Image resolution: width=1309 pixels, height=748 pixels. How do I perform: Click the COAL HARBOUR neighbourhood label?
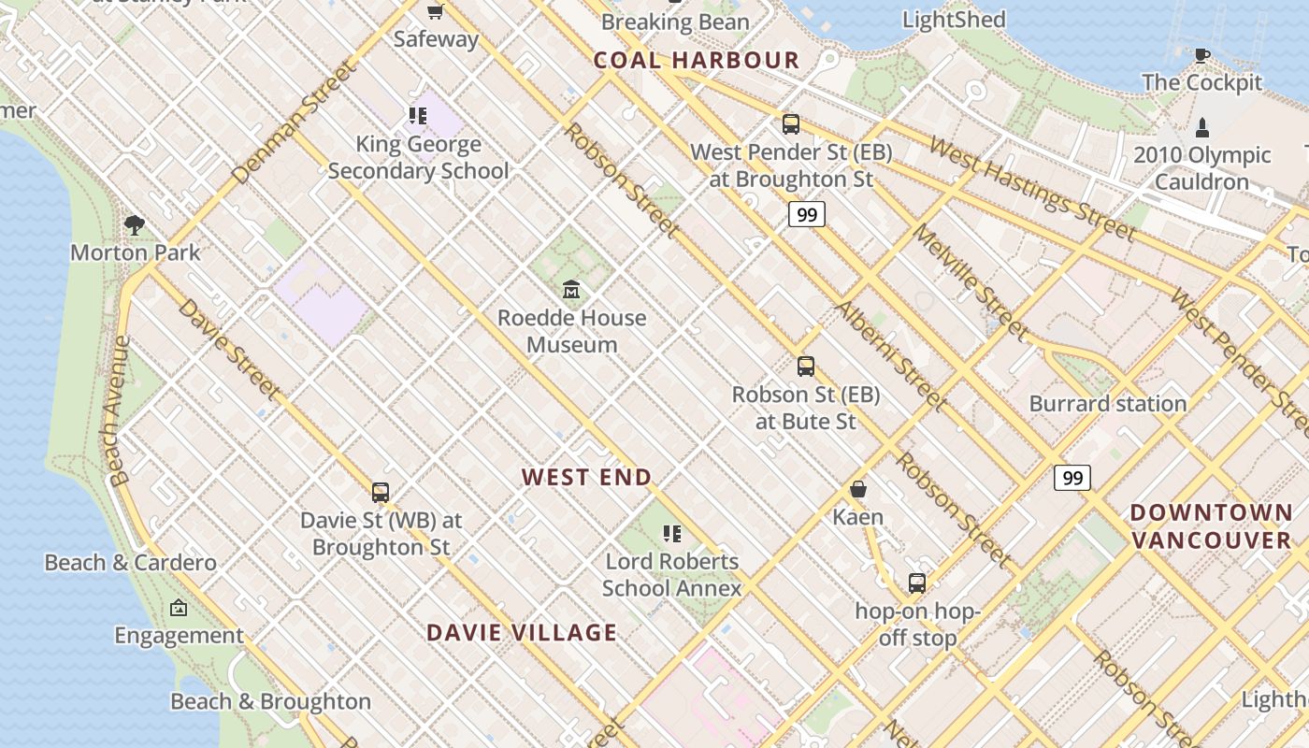pos(697,61)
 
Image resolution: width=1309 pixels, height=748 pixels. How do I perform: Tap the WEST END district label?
pos(586,478)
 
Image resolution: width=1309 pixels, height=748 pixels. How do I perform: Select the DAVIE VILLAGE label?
pos(522,633)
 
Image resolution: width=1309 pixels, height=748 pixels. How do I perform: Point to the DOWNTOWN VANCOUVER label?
pos(1211,526)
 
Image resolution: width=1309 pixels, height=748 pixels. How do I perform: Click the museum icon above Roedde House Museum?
pos(571,290)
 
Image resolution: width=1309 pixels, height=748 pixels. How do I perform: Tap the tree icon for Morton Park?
pos(135,224)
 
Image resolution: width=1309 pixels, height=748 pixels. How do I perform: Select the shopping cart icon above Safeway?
pos(435,11)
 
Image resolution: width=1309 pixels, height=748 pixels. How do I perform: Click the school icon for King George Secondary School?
pos(417,116)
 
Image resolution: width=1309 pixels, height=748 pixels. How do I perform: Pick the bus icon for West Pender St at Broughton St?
pos(791,123)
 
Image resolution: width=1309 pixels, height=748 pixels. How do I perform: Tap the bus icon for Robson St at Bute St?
pos(806,367)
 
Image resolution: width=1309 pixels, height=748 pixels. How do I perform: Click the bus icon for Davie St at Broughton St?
pos(381,492)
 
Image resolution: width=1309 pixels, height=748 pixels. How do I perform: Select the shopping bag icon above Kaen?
pos(858,489)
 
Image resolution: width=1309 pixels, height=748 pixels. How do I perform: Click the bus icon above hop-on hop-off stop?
pos(917,583)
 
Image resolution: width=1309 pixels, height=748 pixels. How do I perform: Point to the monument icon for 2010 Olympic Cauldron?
pos(1202,127)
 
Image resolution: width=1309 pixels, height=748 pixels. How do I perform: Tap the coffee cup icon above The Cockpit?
pos(1202,55)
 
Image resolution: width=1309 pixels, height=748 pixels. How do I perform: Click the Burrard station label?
pos(1108,404)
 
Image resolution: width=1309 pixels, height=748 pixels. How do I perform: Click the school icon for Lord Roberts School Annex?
pos(671,534)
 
